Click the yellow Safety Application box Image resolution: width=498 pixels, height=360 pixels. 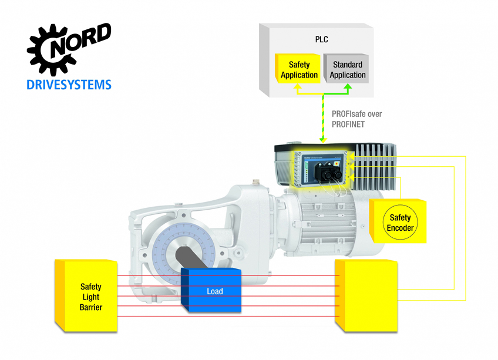[298, 69]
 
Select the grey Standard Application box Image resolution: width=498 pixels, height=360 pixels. [346, 69]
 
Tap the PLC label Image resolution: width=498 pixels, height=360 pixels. [321, 39]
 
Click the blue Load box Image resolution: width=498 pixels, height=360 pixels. [211, 290]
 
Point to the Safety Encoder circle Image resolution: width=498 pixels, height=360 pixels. [400, 223]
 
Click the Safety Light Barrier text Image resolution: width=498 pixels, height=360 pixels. [91, 297]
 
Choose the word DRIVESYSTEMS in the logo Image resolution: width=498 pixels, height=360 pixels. [69, 85]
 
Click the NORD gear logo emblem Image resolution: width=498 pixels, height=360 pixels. [51, 50]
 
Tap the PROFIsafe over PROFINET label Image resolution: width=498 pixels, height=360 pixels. [356, 119]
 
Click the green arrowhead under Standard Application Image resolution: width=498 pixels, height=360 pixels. [348, 86]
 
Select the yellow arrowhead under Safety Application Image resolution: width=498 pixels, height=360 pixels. [297, 86]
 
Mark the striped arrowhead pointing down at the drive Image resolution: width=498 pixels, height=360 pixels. [323, 140]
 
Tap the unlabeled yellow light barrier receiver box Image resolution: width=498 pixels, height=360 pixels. [366, 295]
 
